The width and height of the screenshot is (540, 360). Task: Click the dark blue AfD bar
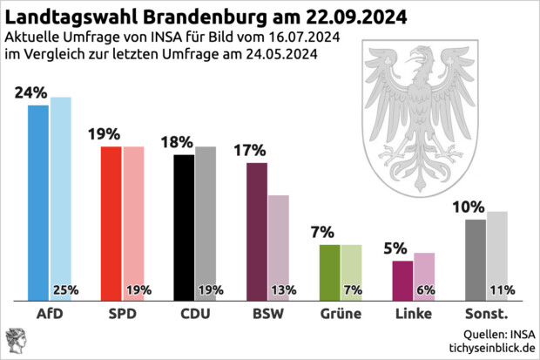click(x=38, y=200)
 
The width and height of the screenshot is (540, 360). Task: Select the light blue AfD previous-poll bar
click(x=61, y=192)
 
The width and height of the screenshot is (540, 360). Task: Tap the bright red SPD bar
click(x=111, y=222)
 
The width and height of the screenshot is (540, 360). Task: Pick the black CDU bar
click(x=185, y=227)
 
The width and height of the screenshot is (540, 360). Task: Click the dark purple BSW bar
click(x=257, y=231)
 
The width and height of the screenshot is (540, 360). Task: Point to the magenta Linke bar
click(x=402, y=279)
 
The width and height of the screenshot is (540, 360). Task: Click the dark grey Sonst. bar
click(x=476, y=257)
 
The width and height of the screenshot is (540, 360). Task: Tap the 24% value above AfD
click(x=30, y=92)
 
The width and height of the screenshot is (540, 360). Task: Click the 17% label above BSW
click(x=250, y=150)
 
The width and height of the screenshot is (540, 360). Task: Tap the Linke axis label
click(x=413, y=314)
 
